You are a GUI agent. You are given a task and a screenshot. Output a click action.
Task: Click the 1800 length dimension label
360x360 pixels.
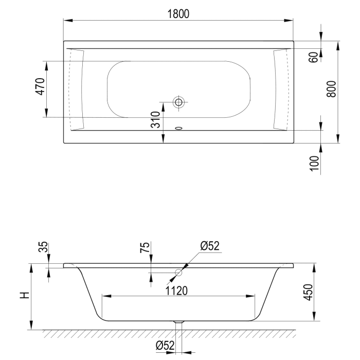click(x=178, y=14)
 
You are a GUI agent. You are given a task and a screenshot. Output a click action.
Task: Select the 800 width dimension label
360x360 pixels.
click(x=331, y=89)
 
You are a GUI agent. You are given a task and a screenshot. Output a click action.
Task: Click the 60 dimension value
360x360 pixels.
click(x=313, y=57)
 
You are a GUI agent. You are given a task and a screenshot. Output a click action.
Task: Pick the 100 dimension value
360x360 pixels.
click(x=315, y=163)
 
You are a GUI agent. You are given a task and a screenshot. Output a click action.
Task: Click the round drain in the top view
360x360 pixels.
click(x=178, y=102)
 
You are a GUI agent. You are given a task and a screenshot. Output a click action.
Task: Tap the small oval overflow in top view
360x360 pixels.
click(x=179, y=128)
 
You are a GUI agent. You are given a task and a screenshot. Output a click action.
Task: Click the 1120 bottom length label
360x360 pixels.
click(x=178, y=291)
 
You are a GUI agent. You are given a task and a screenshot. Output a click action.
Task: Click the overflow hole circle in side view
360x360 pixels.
click(x=178, y=272)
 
